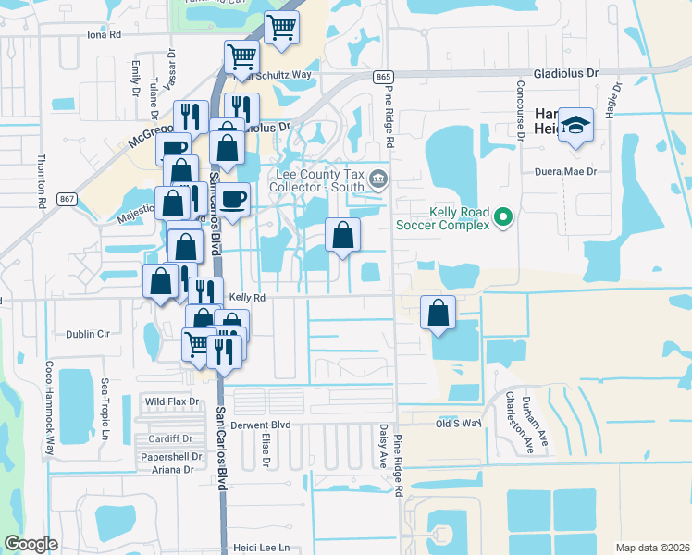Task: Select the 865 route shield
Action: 381,76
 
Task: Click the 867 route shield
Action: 65,199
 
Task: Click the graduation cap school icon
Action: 575,128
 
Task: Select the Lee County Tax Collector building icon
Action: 377,178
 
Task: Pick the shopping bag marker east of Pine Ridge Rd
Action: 439,311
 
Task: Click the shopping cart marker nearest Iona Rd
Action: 281,27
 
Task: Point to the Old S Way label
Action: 460,423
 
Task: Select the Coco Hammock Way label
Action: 49,415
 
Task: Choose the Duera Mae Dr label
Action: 568,172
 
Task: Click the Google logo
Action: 31,544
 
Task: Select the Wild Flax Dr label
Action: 172,401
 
